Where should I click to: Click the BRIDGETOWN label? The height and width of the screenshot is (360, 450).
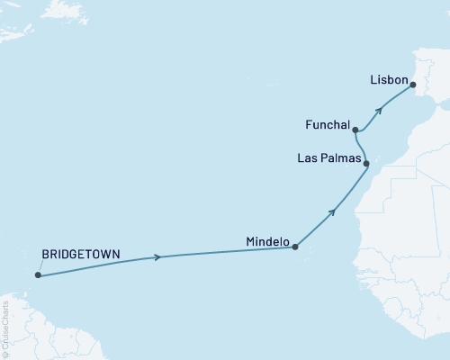pyautogui.click(x=82, y=254)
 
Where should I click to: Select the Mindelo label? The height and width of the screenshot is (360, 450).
pyautogui.click(x=267, y=242)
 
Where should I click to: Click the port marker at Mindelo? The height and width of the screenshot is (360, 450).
pyautogui.click(x=296, y=246)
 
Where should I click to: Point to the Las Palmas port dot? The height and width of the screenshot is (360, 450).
pyautogui.click(x=366, y=163)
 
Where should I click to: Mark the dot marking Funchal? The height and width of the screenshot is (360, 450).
pyautogui.click(x=356, y=130)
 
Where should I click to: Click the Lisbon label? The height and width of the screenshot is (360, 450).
pyautogui.click(x=389, y=80)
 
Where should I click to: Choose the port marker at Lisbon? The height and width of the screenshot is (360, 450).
pyautogui.click(x=413, y=85)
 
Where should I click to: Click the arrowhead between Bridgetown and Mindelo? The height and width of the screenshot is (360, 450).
pyautogui.click(x=158, y=257)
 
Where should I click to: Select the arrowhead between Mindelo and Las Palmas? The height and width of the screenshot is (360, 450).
pyautogui.click(x=333, y=212)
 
